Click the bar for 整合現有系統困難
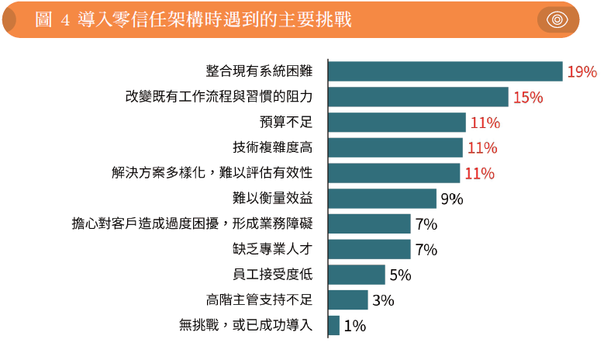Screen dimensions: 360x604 coord(445,71)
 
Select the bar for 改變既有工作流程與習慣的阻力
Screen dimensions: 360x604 coord(418,97)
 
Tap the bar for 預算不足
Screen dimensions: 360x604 coord(397,123)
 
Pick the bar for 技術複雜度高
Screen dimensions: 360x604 coord(395,147)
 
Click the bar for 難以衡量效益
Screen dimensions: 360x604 coord(382,199)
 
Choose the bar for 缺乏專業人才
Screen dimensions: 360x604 coord(369,249)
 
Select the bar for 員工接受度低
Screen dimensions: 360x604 coord(357,275)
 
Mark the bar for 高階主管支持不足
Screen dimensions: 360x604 coord(348,300)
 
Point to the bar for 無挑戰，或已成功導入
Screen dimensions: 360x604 coord(334,326)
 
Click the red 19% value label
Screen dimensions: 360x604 coord(582,72)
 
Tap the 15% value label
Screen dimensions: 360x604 coord(527,98)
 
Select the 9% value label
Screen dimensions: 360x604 coord(451,199)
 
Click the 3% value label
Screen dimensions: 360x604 coord(383,301)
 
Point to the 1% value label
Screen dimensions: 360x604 coord(354,327)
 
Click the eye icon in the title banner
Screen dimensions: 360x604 coord(557,19)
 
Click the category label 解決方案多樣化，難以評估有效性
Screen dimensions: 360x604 coord(212,173)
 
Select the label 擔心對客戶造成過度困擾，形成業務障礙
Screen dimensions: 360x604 coord(192,224)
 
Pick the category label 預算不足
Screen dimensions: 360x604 coord(285,123)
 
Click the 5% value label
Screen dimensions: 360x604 coord(400,275)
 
